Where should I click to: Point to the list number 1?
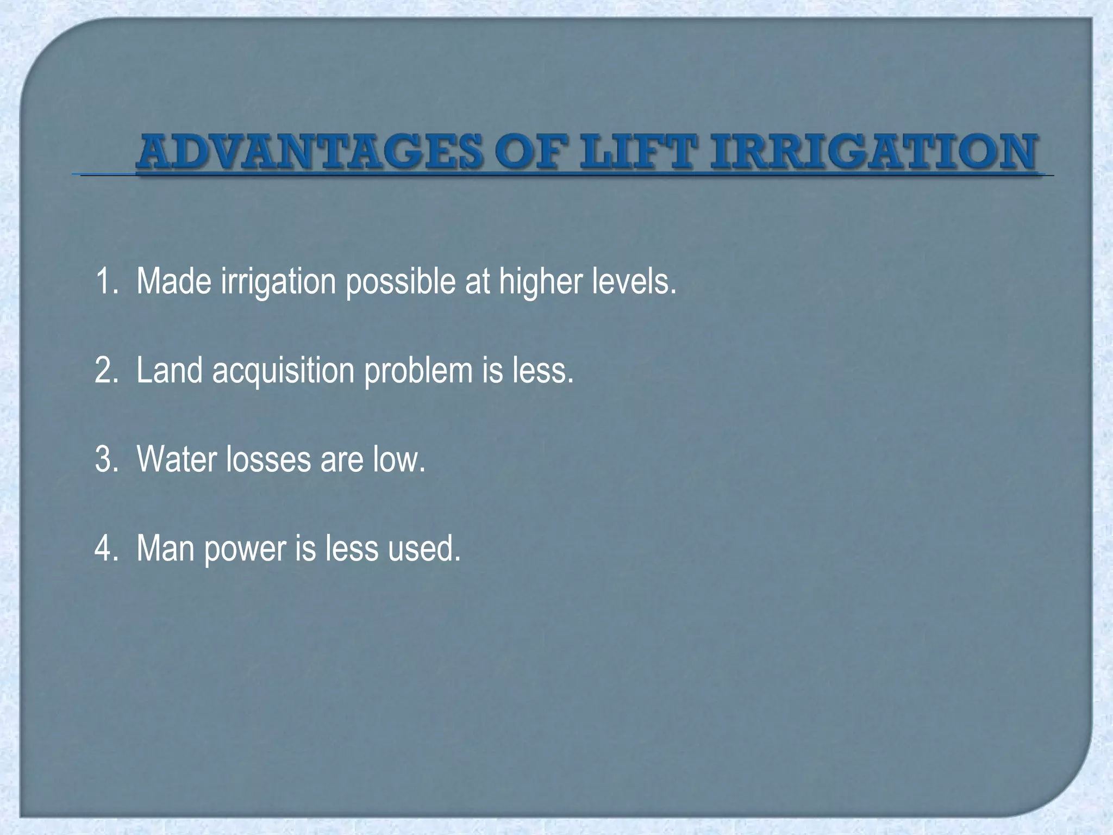click(103, 282)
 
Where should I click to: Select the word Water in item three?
click(177, 459)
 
